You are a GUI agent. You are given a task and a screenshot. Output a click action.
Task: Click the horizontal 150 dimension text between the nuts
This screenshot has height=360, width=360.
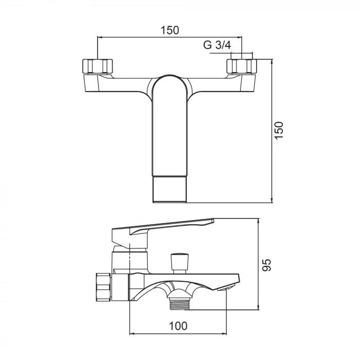170,30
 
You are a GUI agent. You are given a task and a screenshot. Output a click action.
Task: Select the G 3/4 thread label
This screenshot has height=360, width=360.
217,45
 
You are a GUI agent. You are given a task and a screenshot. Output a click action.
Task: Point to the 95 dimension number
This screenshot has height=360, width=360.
265,264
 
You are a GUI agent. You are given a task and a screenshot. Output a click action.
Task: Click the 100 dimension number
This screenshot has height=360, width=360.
178,326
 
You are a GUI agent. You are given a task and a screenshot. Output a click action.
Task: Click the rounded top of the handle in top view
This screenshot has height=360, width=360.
170,85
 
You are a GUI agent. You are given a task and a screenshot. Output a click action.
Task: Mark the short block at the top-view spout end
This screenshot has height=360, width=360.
170,190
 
